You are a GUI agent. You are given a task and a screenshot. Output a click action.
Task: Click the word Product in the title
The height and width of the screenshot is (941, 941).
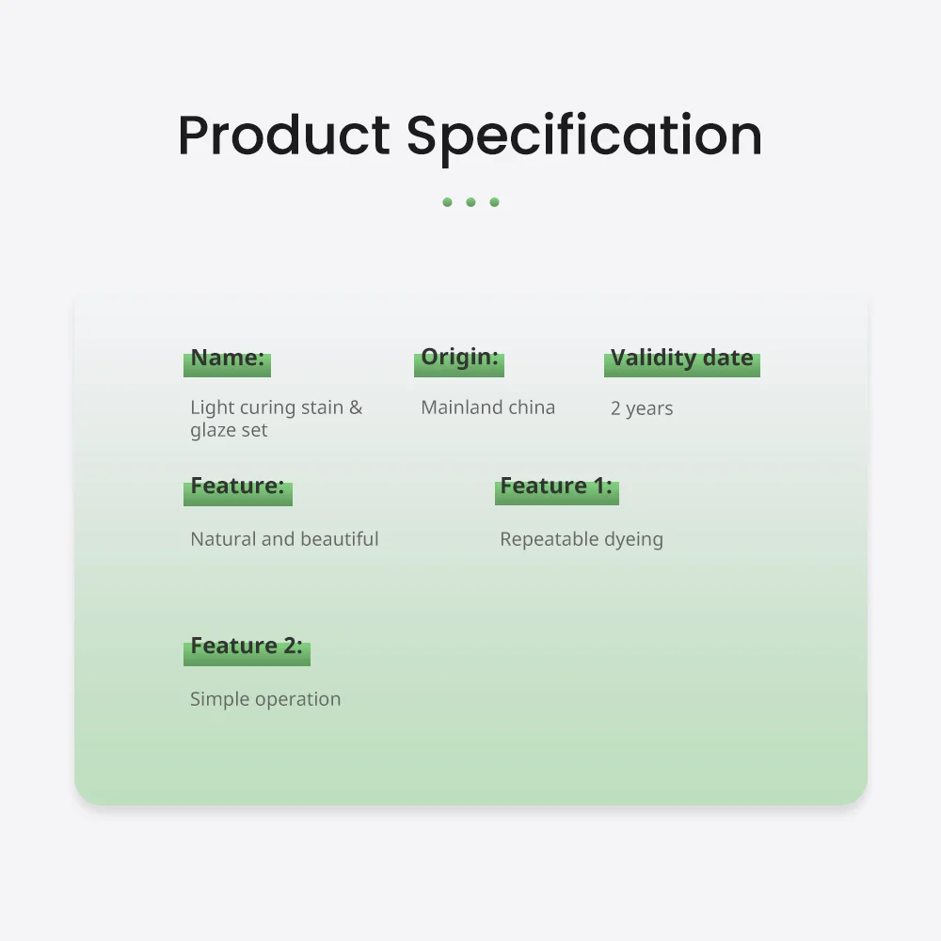tap(284, 136)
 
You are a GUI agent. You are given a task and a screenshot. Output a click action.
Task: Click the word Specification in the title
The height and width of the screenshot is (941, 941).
tap(584, 138)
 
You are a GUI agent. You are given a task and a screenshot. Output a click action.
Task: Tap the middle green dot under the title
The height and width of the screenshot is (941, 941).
tap(470, 202)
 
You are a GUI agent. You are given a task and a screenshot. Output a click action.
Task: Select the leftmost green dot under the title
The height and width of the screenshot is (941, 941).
tap(447, 202)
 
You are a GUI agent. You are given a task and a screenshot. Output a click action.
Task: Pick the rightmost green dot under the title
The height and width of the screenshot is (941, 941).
tap(495, 202)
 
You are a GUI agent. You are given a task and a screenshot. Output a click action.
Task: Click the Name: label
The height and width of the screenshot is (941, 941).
tap(228, 358)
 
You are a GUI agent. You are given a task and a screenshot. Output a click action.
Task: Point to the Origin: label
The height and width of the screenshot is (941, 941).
tap(460, 357)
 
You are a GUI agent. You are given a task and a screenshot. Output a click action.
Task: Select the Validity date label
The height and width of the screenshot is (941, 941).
tap(681, 358)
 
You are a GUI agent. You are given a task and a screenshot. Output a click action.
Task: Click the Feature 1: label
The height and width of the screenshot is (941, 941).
tap(556, 486)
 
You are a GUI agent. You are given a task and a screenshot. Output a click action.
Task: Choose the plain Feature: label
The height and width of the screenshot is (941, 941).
tap(238, 486)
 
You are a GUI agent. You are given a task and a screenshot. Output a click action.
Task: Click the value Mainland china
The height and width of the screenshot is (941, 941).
tap(487, 407)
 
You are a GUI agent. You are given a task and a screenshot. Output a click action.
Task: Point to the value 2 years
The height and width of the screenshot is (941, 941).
tap(642, 408)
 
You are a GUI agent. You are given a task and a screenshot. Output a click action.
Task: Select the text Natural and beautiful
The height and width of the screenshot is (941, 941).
tap(284, 539)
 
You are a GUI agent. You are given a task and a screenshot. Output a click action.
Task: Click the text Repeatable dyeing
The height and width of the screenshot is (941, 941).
tap(582, 539)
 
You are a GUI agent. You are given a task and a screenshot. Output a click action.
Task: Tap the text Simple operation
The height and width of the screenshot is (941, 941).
tap(265, 699)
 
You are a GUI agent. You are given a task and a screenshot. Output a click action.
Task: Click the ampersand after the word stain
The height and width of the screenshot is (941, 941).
tap(356, 407)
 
